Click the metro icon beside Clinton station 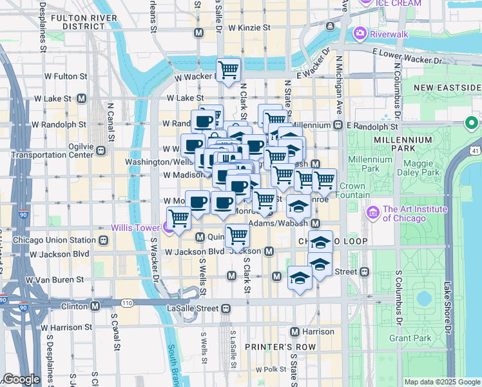coord(95,306)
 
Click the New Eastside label coord(448,87)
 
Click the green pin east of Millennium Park coord(472,122)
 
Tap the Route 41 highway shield coord(476,150)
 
